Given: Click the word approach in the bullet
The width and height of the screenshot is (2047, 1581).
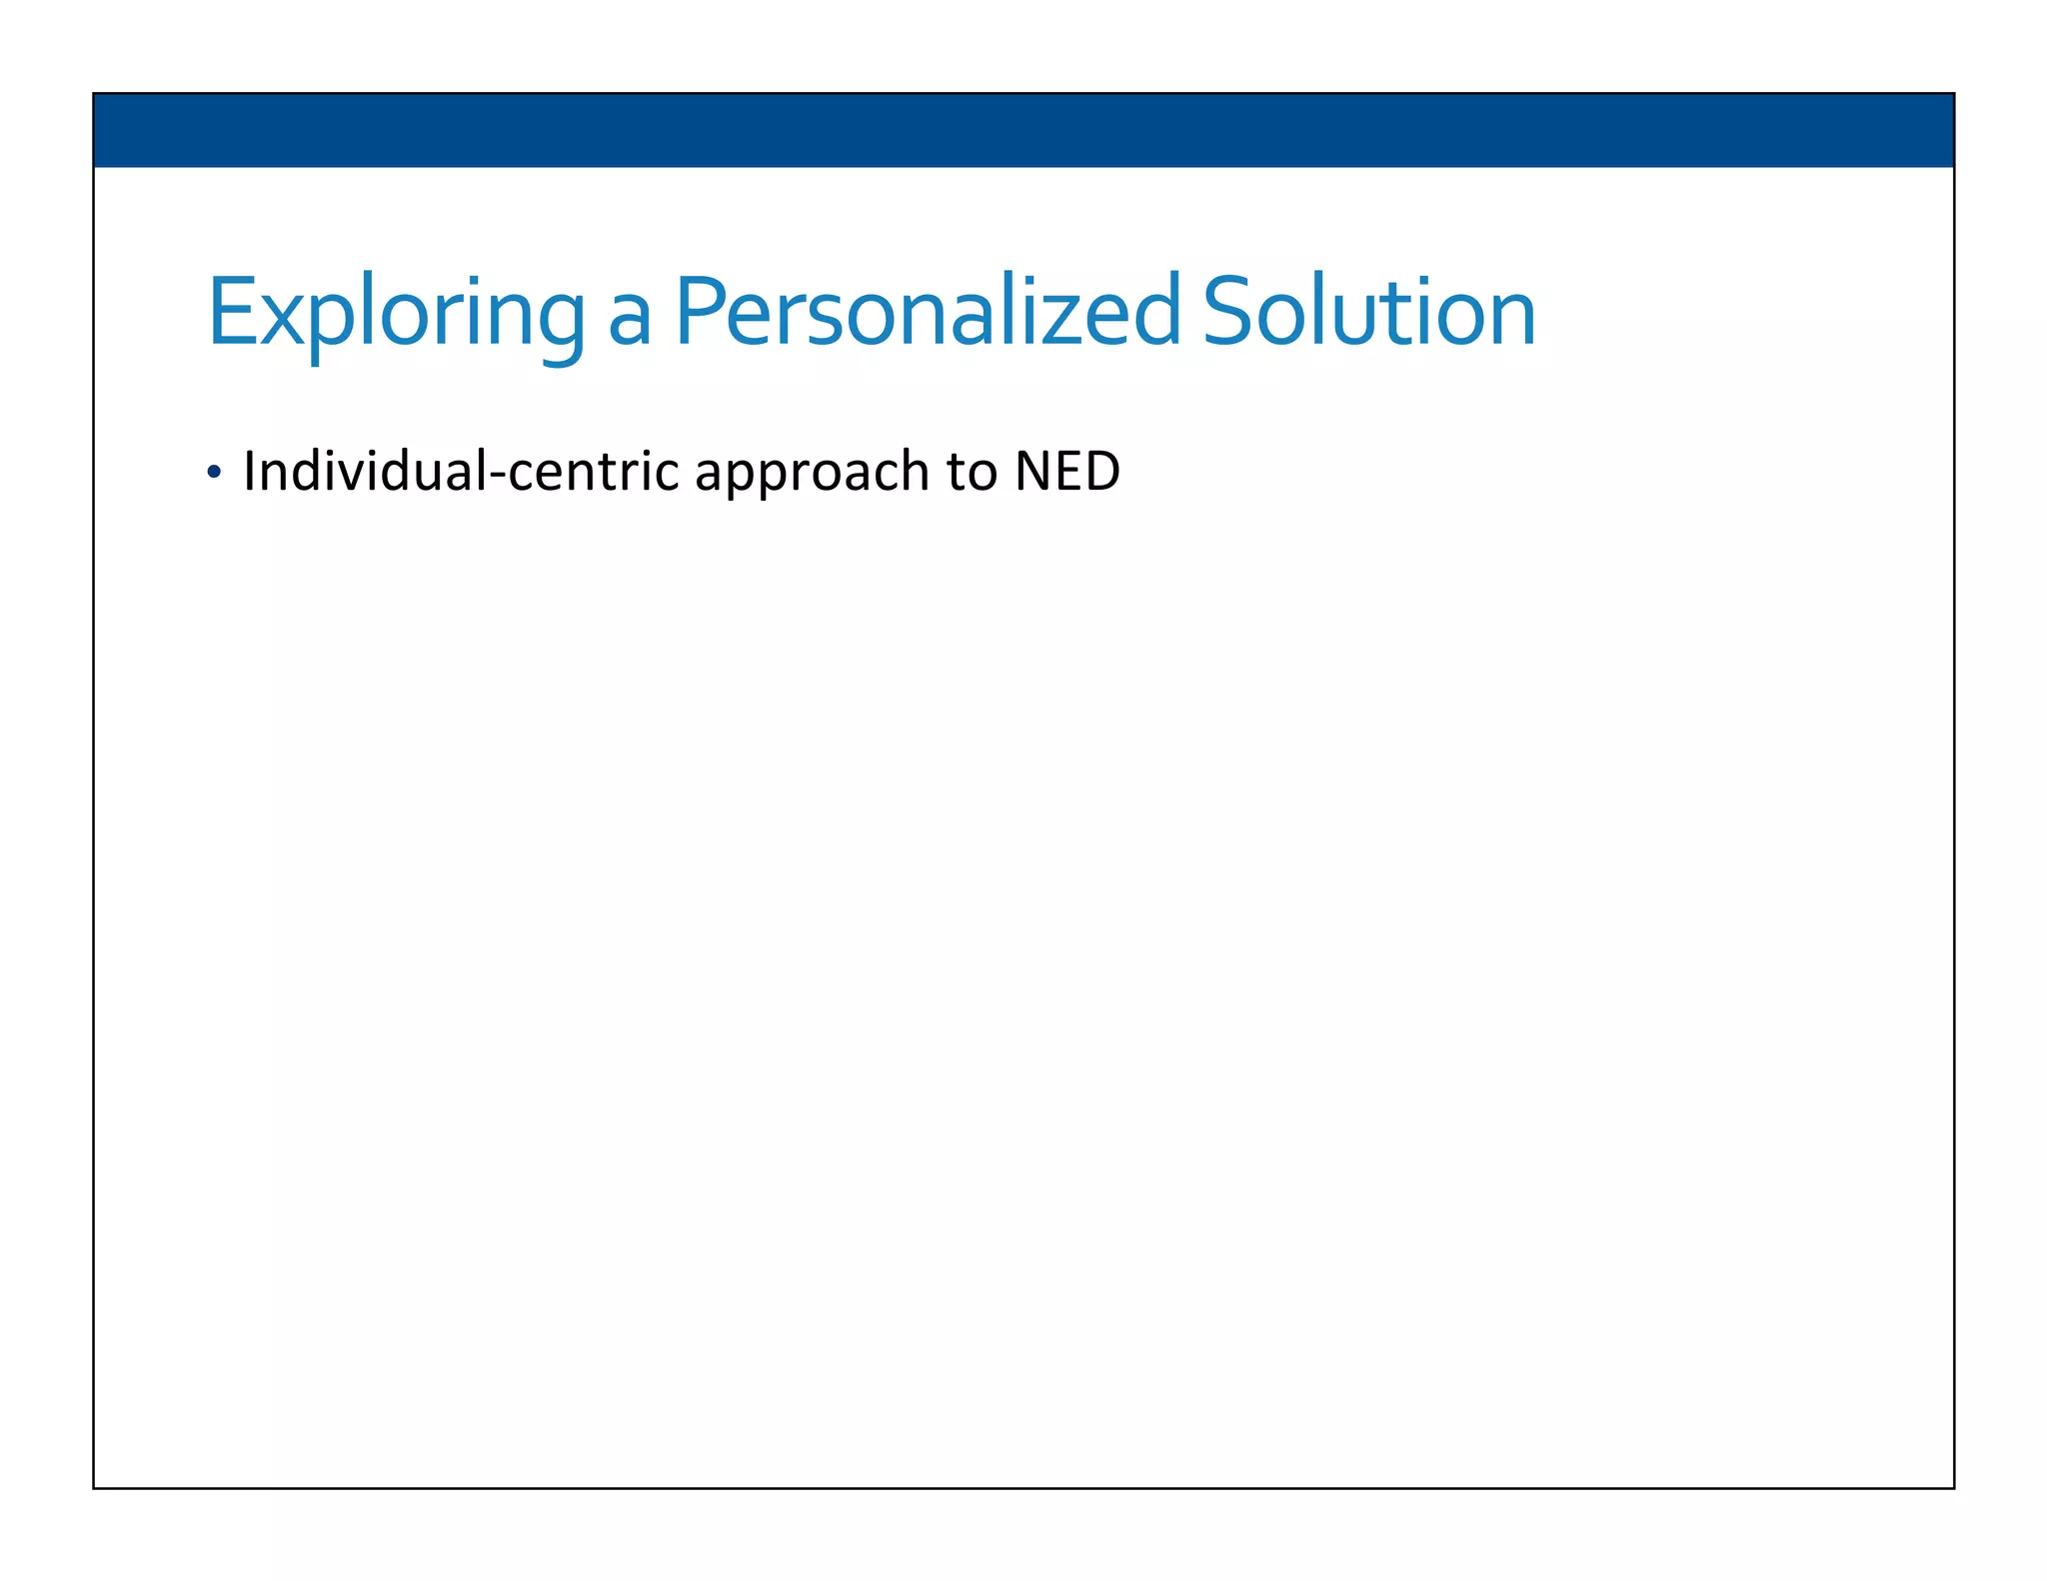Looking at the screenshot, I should coord(812,473).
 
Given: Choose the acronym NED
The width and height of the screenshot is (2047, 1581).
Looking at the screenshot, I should coord(1067,471).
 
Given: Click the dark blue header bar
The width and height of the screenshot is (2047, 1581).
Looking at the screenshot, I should coord(1023,130).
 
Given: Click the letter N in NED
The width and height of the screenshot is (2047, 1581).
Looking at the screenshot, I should coord(1032,471).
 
